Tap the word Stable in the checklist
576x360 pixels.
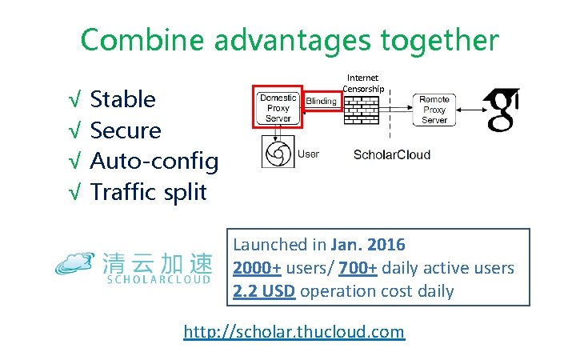click(x=123, y=100)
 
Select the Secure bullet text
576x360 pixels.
click(x=126, y=130)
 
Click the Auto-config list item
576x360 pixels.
click(x=154, y=162)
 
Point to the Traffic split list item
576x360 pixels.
click(x=148, y=192)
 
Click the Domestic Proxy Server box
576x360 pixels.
click(x=278, y=108)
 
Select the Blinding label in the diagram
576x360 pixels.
click(x=322, y=102)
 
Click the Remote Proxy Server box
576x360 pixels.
click(x=434, y=110)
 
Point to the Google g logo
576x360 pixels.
click(x=501, y=110)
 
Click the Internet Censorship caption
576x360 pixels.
click(x=364, y=82)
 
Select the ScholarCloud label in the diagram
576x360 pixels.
click(x=392, y=154)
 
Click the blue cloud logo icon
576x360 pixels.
click(x=77, y=262)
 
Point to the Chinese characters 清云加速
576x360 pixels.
click(x=158, y=262)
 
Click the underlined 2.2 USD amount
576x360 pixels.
click(x=265, y=291)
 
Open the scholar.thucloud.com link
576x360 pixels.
click(x=294, y=331)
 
